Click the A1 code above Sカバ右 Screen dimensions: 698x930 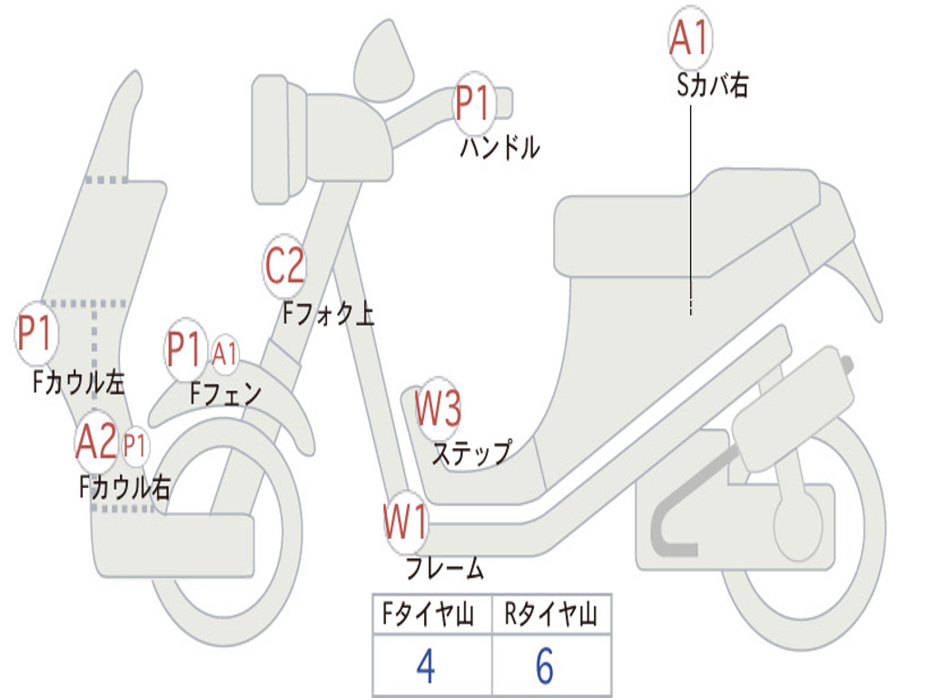(688, 38)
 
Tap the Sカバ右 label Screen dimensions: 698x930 (713, 85)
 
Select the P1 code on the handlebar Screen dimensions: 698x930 (472, 103)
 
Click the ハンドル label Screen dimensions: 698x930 (500, 147)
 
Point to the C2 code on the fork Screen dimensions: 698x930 (284, 266)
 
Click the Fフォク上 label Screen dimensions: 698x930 (328, 314)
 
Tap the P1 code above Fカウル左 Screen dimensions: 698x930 (36, 334)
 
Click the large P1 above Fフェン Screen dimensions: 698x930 (185, 350)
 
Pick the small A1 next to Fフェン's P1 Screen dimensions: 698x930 (225, 353)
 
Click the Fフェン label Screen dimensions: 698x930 (226, 394)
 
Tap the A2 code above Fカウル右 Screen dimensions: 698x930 (96, 443)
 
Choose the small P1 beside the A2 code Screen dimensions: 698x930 (135, 445)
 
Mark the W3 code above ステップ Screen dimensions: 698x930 (438, 408)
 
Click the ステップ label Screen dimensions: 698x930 (470, 452)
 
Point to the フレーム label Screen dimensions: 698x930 (444, 570)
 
